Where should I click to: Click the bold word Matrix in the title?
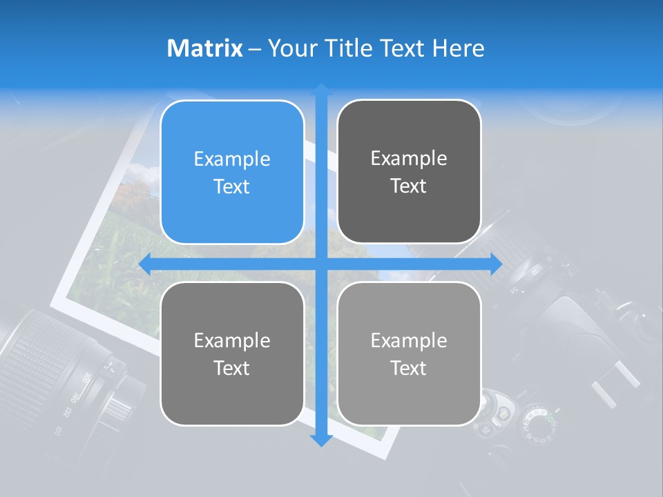tap(205, 48)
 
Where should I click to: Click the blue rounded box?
tap(232, 173)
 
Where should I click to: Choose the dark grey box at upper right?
tap(409, 172)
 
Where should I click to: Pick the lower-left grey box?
tap(232, 353)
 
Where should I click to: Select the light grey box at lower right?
tap(409, 353)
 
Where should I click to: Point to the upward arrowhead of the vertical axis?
tap(321, 90)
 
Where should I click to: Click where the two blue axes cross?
tap(321, 264)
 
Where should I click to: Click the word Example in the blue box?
tap(232, 159)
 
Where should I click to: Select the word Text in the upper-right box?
tap(409, 186)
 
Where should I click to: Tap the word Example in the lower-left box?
tap(232, 340)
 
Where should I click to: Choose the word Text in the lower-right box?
tap(409, 368)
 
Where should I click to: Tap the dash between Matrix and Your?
tap(255, 49)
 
